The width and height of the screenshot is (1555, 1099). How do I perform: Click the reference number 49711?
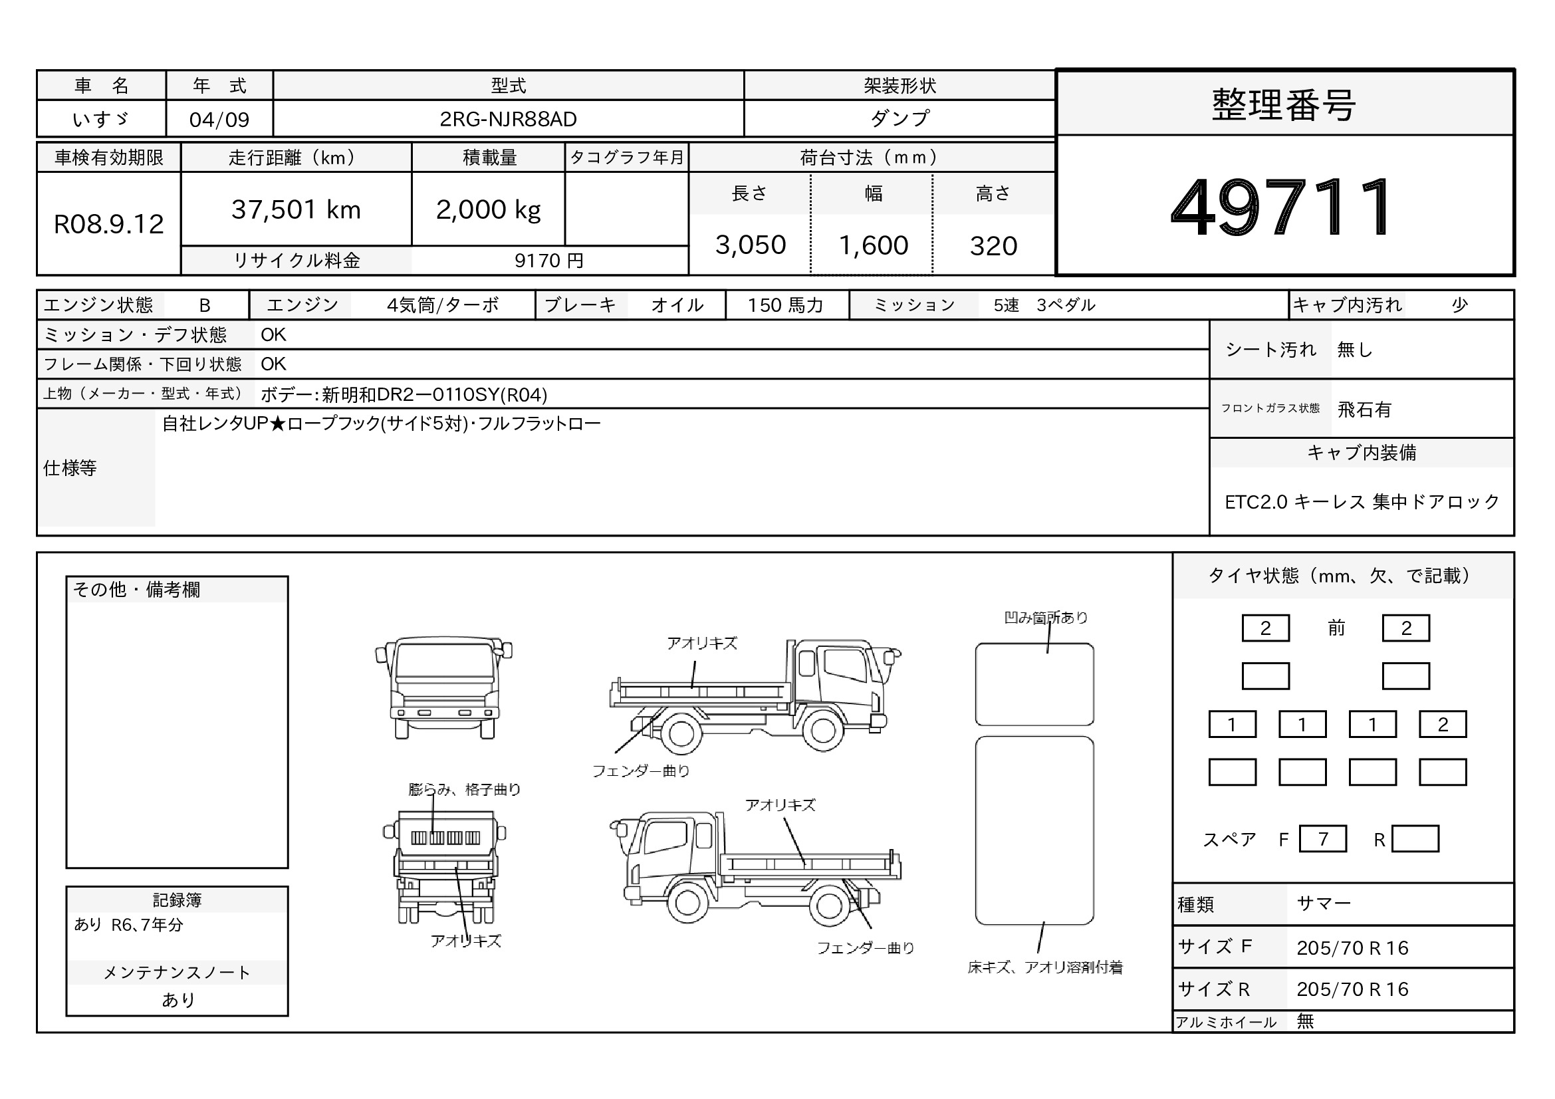pyautogui.click(x=1280, y=207)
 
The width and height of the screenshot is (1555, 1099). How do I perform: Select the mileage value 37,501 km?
pyautogui.click(x=296, y=210)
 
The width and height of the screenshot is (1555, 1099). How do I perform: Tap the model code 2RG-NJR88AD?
pyautogui.click(x=508, y=119)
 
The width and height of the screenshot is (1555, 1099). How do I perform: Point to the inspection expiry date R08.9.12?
pyautogui.click(x=108, y=224)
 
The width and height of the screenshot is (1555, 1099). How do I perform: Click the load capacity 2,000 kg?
pyautogui.click(x=489, y=210)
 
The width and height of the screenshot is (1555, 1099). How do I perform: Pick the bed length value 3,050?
pyautogui.click(x=751, y=245)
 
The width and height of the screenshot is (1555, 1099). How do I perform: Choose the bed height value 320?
pyautogui.click(x=993, y=246)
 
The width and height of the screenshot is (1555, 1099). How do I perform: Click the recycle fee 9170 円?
pyautogui.click(x=548, y=261)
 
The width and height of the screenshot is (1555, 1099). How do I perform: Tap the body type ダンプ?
pyautogui.click(x=899, y=118)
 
